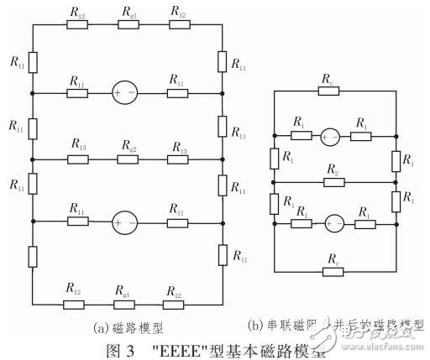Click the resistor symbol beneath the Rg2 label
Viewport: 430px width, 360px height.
(x=128, y=159)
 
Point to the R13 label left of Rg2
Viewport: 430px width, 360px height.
(x=78, y=146)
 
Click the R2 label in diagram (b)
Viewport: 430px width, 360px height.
(x=333, y=170)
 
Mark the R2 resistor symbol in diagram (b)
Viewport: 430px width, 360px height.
(x=333, y=182)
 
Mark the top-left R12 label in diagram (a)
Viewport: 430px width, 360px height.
(x=78, y=12)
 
